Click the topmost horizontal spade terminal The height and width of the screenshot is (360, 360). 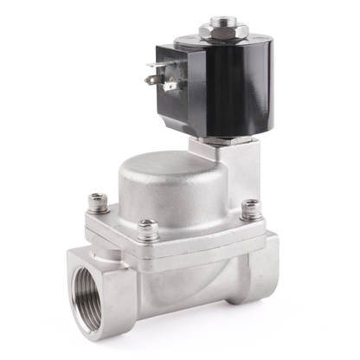(156, 64)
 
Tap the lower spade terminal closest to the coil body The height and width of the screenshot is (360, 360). (168, 85)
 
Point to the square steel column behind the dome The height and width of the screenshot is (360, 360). (246, 173)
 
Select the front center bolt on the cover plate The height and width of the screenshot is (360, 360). (148, 229)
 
